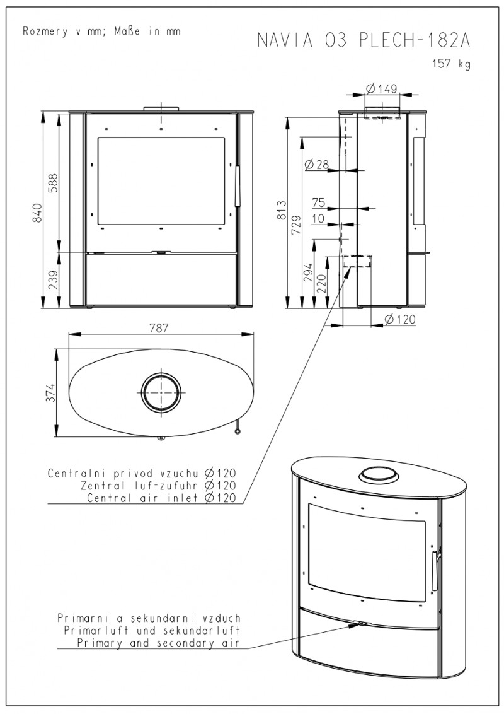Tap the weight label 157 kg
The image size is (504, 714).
(x=452, y=64)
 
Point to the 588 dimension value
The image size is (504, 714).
(x=53, y=182)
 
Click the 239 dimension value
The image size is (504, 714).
(x=53, y=279)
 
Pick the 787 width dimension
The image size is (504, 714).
(x=159, y=328)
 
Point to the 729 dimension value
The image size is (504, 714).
(x=296, y=223)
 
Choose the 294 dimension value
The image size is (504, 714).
(x=308, y=273)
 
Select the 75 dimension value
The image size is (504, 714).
(x=319, y=202)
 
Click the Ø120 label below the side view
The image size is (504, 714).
(x=400, y=319)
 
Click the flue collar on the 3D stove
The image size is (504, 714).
(x=379, y=474)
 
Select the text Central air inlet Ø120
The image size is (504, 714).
(x=162, y=498)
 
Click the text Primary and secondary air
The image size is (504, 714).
(x=159, y=643)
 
